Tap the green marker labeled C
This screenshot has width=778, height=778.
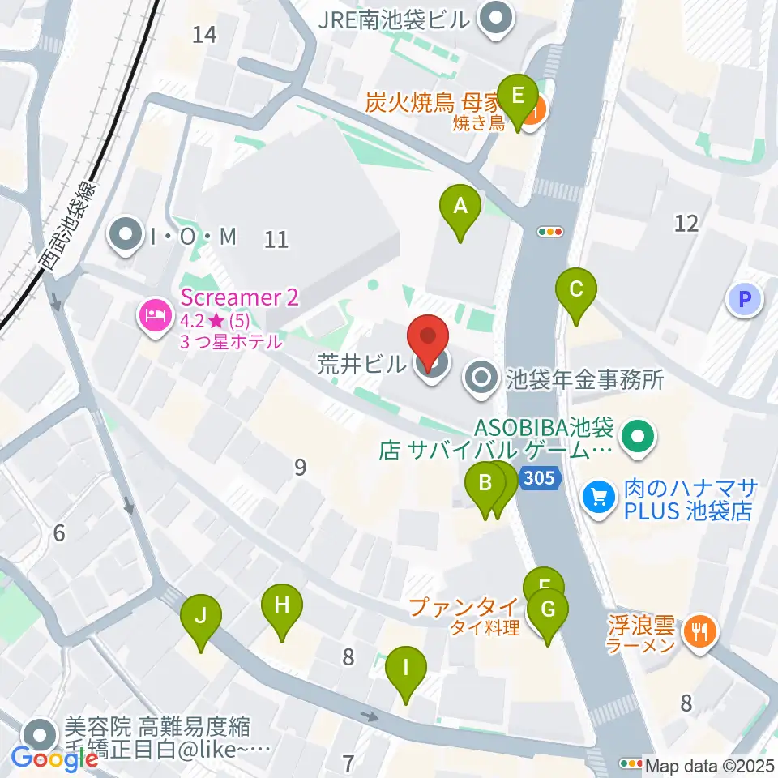576,290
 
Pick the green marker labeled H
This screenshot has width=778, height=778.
281,606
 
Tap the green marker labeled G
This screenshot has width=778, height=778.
548,610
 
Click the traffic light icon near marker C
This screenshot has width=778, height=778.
551,232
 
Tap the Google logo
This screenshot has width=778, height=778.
55,757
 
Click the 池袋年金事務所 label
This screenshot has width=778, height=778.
584,378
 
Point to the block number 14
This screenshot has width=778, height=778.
206,35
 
